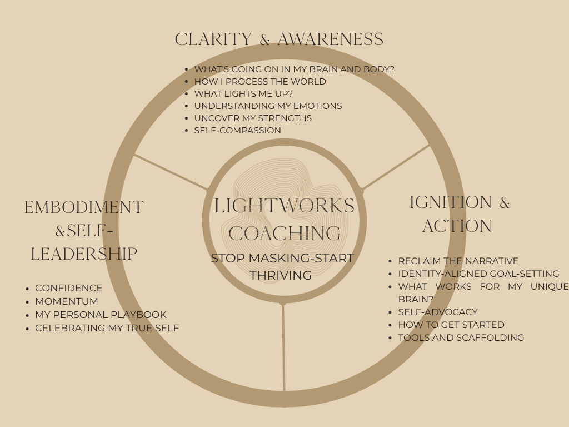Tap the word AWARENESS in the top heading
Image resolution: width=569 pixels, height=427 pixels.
pos(330,39)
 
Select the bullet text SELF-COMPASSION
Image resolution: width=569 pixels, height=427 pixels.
pos(237,131)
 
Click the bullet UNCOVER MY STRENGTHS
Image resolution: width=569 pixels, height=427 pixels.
pos(253,118)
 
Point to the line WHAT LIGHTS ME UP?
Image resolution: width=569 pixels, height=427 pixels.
pos(243,94)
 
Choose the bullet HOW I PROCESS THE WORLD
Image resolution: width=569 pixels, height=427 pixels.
pos(260,82)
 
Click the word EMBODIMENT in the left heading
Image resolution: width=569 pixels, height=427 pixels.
pos(84,207)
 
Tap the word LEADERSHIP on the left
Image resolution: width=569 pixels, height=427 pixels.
pos(84,254)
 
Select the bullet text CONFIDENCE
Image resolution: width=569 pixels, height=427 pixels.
pos(69,288)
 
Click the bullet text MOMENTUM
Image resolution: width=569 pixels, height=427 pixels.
pos(67,301)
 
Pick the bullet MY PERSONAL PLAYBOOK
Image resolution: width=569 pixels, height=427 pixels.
pos(101,315)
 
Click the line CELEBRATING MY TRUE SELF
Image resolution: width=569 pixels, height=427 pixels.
pos(107,328)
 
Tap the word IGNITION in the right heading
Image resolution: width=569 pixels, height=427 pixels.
pos(451,202)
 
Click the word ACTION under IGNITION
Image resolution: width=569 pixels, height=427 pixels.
pos(457,226)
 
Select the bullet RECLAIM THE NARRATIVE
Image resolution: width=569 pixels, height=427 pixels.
pos(458,261)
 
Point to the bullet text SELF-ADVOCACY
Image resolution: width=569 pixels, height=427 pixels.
pos(438,312)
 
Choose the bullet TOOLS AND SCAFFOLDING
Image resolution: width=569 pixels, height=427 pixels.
pos(461,337)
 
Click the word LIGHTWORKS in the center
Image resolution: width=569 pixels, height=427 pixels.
pos(284,206)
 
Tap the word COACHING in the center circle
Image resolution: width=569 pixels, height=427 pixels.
pos(284,234)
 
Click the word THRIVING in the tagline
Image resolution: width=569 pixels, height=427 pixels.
pos(281,275)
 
